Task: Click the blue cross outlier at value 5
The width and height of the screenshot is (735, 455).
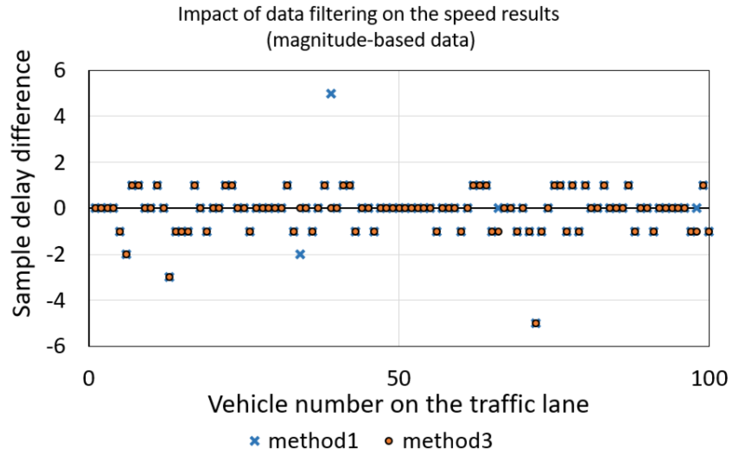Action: [331, 94]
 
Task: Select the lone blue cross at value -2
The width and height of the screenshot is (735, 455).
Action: [300, 254]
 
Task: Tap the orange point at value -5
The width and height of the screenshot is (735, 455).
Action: [536, 324]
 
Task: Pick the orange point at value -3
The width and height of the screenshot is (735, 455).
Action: [169, 277]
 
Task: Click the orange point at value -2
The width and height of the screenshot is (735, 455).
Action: [126, 254]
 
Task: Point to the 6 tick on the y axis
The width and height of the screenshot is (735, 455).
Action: [60, 71]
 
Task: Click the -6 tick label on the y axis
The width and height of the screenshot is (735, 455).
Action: [56, 346]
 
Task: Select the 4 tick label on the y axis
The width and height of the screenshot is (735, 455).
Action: [60, 117]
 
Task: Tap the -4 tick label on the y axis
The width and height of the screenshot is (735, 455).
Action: [56, 301]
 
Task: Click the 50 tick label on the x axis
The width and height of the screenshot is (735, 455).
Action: [399, 379]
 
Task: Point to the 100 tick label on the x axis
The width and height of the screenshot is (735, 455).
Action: [709, 379]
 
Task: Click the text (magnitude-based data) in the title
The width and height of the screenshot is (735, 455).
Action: [371, 40]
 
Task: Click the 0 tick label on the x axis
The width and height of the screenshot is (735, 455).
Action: [88, 379]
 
